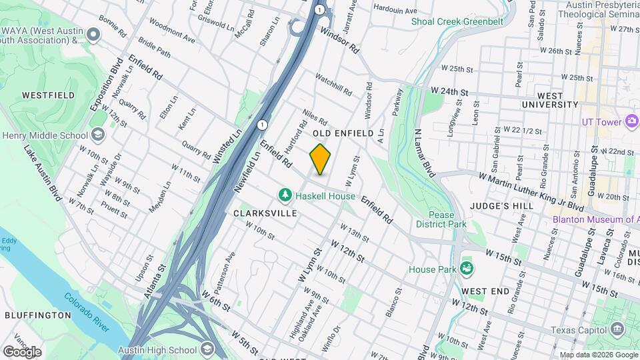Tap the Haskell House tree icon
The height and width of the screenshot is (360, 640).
pos(285,195)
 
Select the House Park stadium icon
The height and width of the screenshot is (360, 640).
pos(466,269)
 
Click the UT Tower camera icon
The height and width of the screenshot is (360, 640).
pos(631,121)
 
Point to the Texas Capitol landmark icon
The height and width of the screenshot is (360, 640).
pos(617,329)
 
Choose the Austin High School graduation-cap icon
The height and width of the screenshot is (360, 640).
pos(207,350)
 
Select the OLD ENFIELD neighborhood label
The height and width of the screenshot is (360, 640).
pos(345,133)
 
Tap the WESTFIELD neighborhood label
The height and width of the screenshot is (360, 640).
pos(48,95)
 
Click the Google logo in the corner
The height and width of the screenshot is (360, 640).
pos(21,351)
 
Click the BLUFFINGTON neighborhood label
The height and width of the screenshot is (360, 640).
pos(37,315)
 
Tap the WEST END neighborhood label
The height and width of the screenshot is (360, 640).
pos(485,291)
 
